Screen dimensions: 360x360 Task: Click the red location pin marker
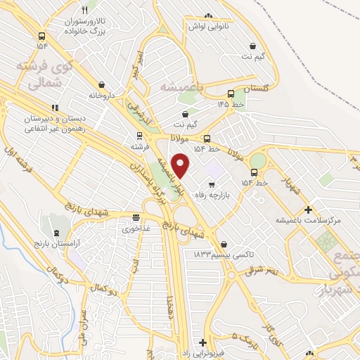(181, 165)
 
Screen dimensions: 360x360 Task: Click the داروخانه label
(101, 94)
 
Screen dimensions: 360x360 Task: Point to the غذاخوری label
(136, 229)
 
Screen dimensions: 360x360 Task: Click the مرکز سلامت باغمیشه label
(309, 220)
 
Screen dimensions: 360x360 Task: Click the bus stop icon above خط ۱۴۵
(231, 94)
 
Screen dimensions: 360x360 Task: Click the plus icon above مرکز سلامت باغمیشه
(309, 209)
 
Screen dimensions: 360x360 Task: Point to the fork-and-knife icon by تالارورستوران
(85, 11)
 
